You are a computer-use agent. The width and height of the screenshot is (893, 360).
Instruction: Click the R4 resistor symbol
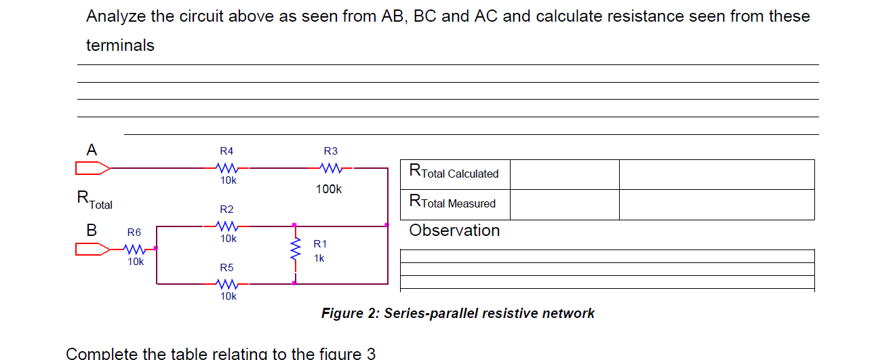[226, 167]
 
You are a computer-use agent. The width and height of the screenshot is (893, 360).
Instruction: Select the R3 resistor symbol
[330, 167]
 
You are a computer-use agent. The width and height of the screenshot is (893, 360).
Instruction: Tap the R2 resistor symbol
[226, 225]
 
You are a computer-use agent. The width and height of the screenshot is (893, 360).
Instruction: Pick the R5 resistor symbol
[226, 283]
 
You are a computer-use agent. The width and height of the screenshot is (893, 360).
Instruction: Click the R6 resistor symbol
[134, 249]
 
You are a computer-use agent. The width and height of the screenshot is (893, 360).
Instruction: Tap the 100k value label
[329, 189]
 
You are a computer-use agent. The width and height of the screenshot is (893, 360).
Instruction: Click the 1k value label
[319, 258]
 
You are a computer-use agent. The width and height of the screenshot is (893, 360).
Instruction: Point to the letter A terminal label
[92, 149]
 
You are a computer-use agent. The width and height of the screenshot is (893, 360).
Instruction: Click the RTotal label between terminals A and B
[94, 200]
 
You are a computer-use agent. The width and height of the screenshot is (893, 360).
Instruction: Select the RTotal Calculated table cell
[454, 173]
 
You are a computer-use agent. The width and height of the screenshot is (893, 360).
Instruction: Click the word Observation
[454, 231]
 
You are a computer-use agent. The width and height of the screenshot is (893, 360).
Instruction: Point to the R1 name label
[319, 243]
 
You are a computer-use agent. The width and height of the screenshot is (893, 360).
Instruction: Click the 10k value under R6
[136, 262]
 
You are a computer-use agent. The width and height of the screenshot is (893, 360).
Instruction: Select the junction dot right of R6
[156, 249]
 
